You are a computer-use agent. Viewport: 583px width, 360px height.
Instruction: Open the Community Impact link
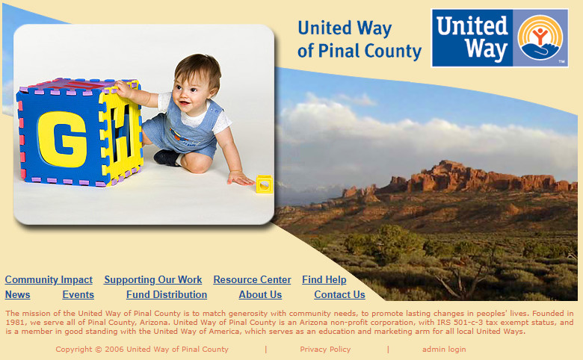point(49,280)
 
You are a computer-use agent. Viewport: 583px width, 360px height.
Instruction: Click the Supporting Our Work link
point(152,280)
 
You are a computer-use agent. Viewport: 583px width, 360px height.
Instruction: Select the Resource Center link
point(252,280)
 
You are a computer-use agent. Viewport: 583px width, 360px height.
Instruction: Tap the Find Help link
point(324,280)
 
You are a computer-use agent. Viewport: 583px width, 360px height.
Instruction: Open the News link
point(17,294)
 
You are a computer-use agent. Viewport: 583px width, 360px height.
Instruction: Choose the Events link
point(78,294)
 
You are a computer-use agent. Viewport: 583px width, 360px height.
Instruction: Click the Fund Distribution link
point(167,294)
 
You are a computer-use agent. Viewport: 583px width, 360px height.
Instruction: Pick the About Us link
point(260,294)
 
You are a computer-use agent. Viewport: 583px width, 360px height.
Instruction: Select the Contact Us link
point(339,294)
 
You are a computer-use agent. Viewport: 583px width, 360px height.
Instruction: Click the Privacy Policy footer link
point(325,350)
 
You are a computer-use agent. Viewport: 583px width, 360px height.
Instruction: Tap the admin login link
point(444,350)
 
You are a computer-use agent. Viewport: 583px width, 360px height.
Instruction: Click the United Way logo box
point(500,38)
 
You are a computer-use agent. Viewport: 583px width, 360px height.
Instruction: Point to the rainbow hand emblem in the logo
point(540,37)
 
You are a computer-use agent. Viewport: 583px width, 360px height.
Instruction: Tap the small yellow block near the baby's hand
point(265,184)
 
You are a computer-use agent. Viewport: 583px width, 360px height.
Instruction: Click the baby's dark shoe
point(167,158)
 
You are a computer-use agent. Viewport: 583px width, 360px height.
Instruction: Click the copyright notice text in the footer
point(142,350)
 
